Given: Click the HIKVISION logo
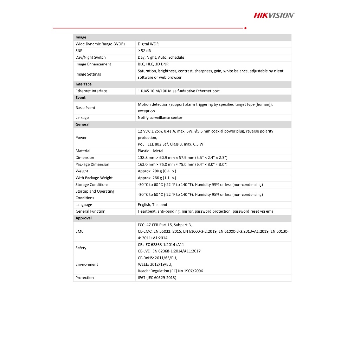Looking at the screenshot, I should click(274, 15).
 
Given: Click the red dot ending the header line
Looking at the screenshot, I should click(245, 28).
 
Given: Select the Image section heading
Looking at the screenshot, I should click(81, 37).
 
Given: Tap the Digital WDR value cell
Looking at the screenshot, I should click(148, 44).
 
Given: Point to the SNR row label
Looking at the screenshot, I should click(79, 51).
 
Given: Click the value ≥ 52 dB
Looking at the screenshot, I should click(144, 51).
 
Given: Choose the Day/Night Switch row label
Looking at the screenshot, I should click(90, 57).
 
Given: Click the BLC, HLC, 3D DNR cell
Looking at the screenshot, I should click(153, 64).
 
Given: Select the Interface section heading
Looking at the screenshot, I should click(83, 84).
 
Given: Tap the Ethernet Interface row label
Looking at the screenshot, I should click(91, 91).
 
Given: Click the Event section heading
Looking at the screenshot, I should click(81, 97).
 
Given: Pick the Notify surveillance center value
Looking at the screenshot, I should click(160, 117).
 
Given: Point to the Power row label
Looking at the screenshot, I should click(81, 137).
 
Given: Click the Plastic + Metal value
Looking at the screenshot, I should click(150, 151).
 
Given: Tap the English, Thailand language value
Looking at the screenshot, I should click(152, 205).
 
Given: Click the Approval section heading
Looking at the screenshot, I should click(83, 218).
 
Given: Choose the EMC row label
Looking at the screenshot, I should click(79, 231).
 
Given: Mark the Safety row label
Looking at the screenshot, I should click(81, 248).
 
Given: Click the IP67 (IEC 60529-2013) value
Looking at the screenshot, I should click(157, 278).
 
